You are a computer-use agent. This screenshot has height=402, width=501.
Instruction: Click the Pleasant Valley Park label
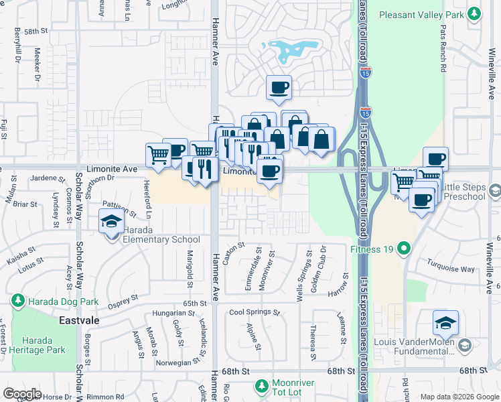click(x=422, y=14)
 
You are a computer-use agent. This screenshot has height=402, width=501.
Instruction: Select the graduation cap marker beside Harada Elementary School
click(x=111, y=221)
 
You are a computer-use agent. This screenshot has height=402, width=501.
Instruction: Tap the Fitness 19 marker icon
click(x=403, y=250)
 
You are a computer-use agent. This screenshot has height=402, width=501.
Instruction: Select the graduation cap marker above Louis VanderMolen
click(x=445, y=323)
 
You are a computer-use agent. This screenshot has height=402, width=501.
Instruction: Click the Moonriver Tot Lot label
click(x=299, y=389)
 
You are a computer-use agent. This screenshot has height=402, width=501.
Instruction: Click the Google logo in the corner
click(x=22, y=394)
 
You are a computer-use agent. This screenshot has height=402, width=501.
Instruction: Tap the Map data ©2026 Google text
click(x=459, y=397)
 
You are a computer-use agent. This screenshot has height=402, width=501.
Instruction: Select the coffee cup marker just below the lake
click(x=279, y=86)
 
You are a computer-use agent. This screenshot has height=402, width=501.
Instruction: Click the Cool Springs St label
click(x=254, y=312)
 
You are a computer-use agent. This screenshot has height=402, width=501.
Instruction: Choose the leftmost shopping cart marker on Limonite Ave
click(x=158, y=154)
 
